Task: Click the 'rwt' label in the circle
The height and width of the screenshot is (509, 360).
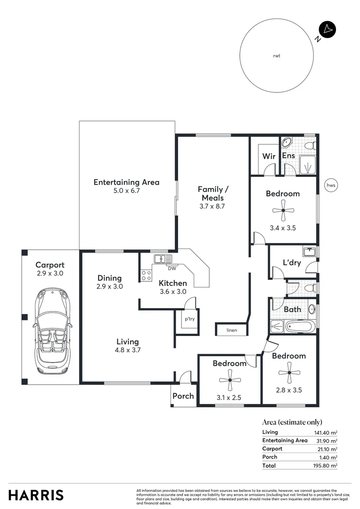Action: (277, 56)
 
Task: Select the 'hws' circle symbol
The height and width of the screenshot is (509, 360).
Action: (331, 185)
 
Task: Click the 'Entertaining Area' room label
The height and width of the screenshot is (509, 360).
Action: (126, 182)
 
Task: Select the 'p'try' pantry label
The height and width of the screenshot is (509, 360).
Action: (189, 319)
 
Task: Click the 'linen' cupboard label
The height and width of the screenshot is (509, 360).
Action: (232, 330)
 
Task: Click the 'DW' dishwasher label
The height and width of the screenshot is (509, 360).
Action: (172, 269)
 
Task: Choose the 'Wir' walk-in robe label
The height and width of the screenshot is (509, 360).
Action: (269, 156)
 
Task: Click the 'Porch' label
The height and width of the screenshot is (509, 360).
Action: (183, 396)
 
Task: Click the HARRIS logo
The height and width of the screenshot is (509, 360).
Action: (36, 495)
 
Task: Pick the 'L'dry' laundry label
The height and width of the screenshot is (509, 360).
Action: (292, 263)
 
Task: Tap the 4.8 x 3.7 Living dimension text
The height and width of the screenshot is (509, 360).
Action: (128, 350)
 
